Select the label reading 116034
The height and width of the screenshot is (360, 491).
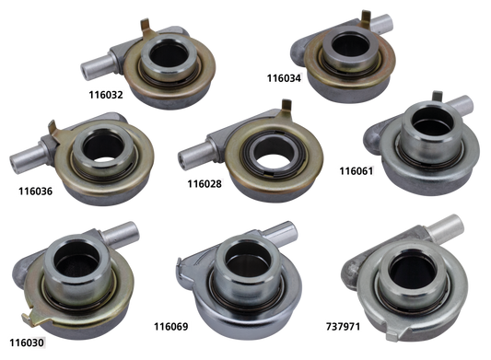tap(282, 78)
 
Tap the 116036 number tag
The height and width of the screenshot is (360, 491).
tap(34, 192)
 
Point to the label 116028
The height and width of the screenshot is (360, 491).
tap(205, 183)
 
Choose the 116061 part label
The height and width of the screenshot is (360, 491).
tap(357, 171)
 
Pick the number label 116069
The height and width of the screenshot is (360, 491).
tap(171, 325)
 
